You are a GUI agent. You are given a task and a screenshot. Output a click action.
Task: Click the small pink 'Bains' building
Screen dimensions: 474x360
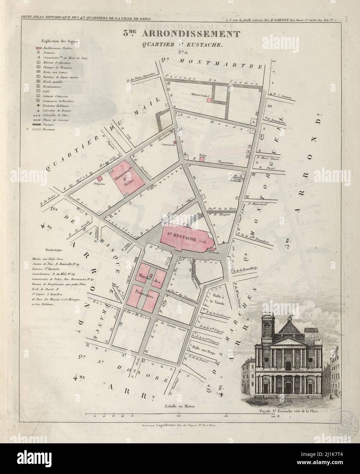202,159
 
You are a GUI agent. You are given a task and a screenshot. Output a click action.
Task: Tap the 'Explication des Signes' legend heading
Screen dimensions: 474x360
59,41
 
